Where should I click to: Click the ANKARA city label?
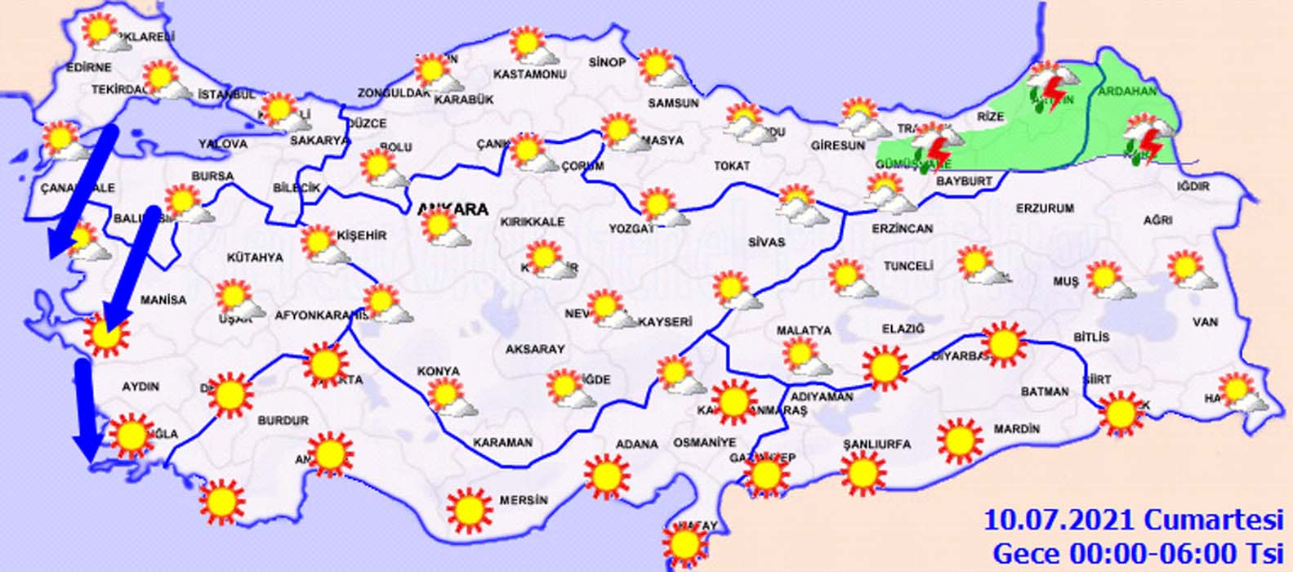453,209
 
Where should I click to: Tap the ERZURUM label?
1045,208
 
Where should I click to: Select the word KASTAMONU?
530,74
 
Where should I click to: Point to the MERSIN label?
524,500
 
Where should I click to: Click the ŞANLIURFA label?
876,445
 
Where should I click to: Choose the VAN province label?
1205,322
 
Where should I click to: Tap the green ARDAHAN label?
1127,92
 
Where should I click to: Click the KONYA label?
439,371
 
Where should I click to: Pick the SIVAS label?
766,242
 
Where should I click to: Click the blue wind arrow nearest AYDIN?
84,409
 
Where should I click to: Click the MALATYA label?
804,330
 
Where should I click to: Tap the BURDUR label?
283,420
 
